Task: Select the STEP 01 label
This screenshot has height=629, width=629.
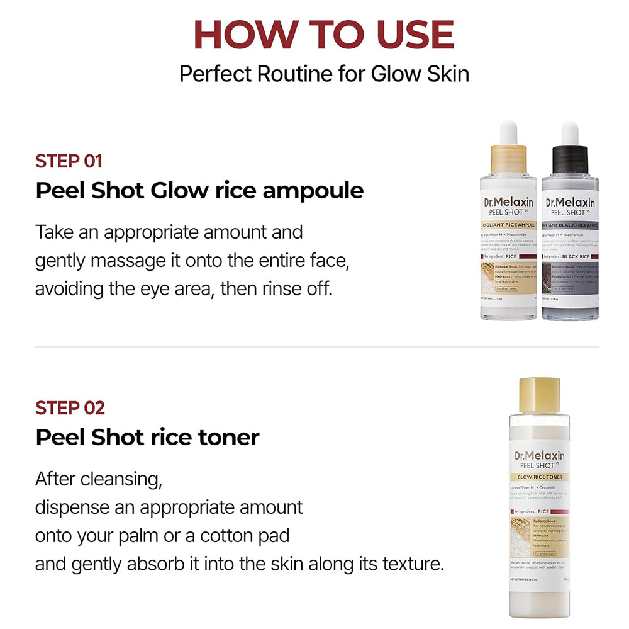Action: (x=69, y=161)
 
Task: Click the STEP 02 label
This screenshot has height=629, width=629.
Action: (x=70, y=407)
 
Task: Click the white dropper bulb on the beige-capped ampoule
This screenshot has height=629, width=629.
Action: (x=508, y=132)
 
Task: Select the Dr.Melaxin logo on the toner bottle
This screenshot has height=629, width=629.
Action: (x=539, y=456)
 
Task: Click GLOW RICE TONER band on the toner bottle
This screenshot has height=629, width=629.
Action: (x=539, y=477)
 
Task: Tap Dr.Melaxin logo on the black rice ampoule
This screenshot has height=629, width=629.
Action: (x=570, y=203)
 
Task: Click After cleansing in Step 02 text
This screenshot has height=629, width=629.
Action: (x=98, y=479)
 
